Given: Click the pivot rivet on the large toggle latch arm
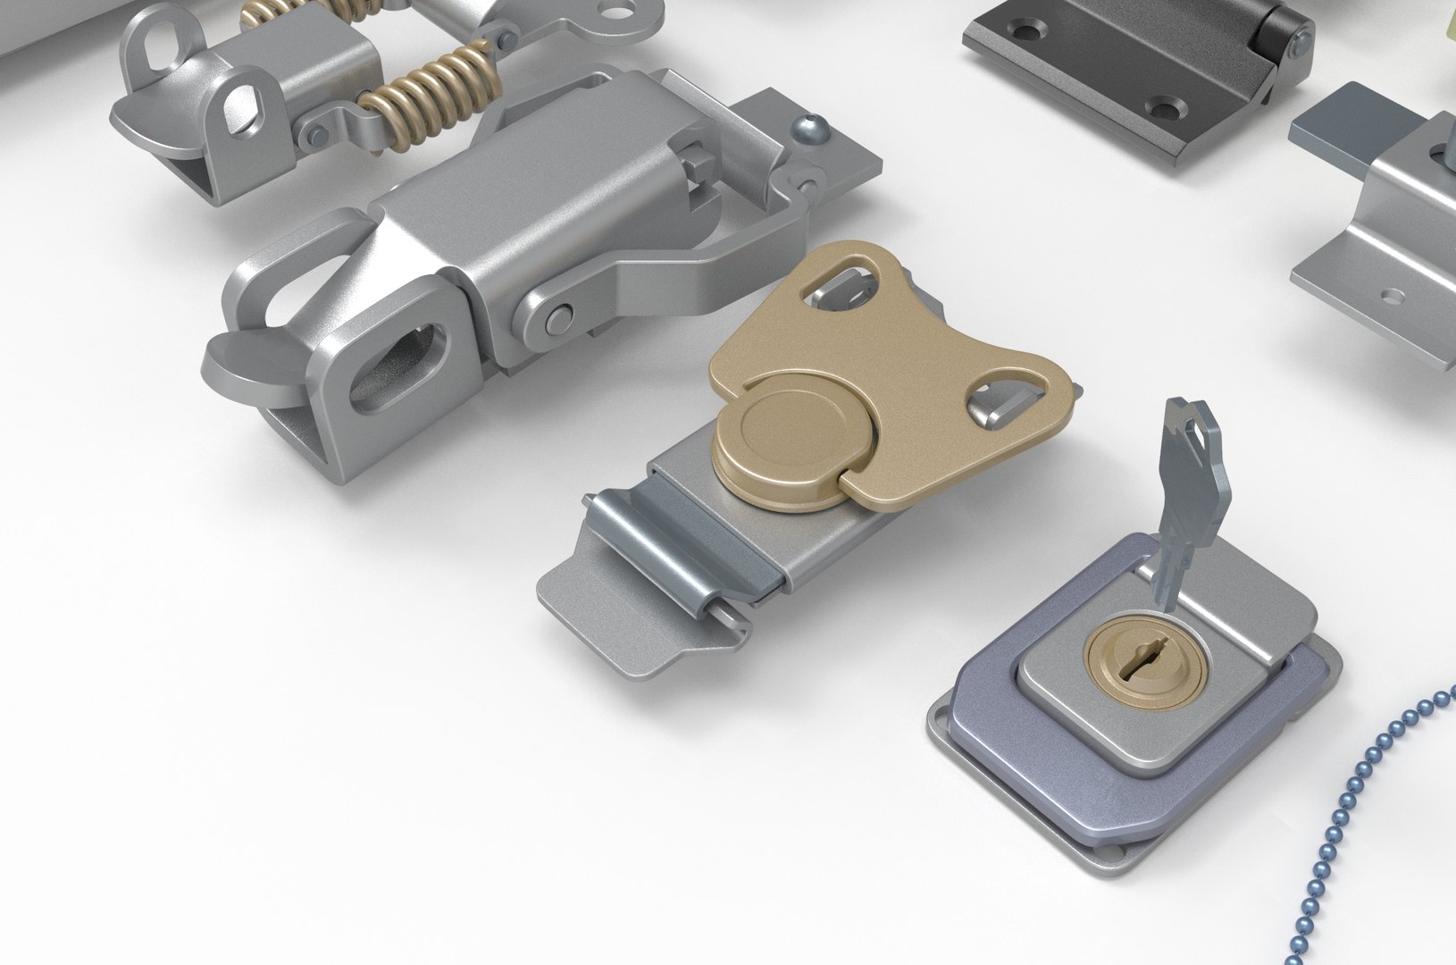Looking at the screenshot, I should point(559,315).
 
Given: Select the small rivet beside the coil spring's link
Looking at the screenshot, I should point(316,135).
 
